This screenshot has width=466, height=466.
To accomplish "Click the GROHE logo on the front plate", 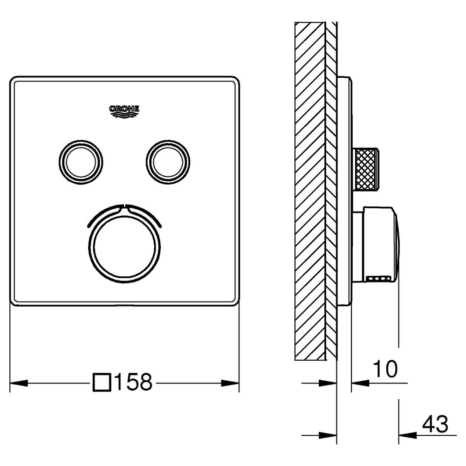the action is (x=124, y=111).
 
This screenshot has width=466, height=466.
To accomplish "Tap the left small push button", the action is (x=81, y=162).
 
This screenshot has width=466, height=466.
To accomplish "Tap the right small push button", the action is (x=168, y=162).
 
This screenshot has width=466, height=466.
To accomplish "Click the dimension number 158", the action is (x=133, y=382).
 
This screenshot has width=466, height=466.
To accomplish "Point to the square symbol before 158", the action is (x=102, y=383).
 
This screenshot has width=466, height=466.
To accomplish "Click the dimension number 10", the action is (x=385, y=369).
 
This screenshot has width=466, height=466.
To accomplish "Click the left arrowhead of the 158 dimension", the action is (x=19, y=383).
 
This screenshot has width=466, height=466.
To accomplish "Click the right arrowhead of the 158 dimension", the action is (x=230, y=383).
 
